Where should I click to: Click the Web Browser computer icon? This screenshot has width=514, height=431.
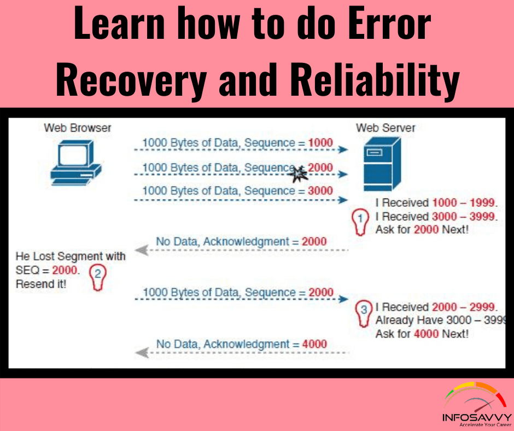[x=75, y=161]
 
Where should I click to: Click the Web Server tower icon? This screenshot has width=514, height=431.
[x=383, y=164]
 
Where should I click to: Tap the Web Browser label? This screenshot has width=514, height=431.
[x=78, y=128]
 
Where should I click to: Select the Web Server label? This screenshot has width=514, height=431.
[x=385, y=128]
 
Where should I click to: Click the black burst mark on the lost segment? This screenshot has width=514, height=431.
[x=298, y=173]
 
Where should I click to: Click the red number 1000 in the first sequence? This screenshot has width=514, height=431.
[x=320, y=143]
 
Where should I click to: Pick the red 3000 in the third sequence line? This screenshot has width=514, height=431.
[x=320, y=191]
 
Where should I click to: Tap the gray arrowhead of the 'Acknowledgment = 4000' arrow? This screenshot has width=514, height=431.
[x=142, y=353]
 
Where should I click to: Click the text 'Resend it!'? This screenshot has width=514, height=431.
[x=42, y=284]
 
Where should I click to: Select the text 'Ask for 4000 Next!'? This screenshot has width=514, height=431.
[x=422, y=333]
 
